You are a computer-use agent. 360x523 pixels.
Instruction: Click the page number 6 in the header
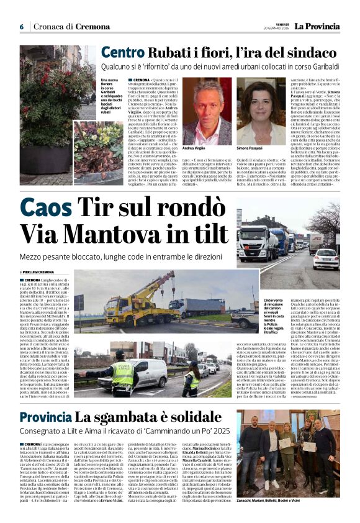(x=21, y=27)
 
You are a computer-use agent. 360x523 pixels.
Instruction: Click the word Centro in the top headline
(x=122, y=53)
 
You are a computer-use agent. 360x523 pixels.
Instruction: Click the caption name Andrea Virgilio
(x=194, y=148)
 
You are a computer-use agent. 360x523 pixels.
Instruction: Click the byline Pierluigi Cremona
(x=39, y=272)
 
